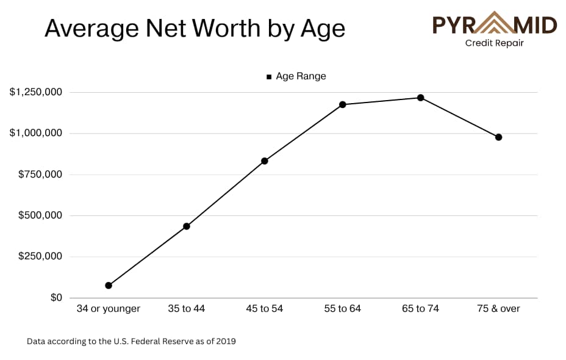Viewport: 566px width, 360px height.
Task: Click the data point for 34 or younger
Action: (109, 286)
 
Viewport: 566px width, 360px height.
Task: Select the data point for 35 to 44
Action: (187, 226)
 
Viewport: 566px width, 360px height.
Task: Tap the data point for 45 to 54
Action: (265, 161)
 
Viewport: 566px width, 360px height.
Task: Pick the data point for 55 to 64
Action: (343, 104)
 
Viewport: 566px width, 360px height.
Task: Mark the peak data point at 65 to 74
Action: (421, 98)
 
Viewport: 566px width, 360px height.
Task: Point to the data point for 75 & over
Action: (499, 137)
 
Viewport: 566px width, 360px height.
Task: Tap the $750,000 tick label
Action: (40, 175)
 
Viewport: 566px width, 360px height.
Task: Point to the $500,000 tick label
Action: (40, 215)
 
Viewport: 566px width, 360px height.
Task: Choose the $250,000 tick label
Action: (40, 256)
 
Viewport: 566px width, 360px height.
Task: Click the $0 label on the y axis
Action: (56, 298)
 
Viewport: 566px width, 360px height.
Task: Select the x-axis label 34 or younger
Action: (109, 309)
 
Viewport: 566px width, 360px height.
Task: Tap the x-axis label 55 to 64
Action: (343, 309)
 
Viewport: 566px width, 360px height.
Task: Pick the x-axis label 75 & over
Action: (499, 309)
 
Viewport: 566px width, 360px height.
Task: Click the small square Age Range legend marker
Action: (269, 77)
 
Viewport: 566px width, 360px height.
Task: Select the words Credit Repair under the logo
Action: (495, 43)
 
